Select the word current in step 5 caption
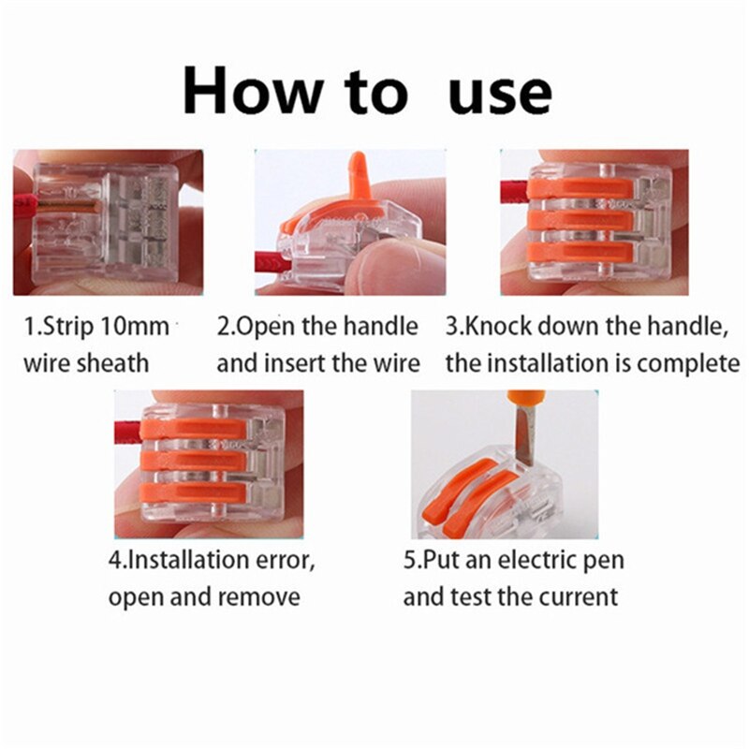pyautogui.click(x=576, y=596)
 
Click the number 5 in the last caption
pyautogui.click(x=409, y=561)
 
